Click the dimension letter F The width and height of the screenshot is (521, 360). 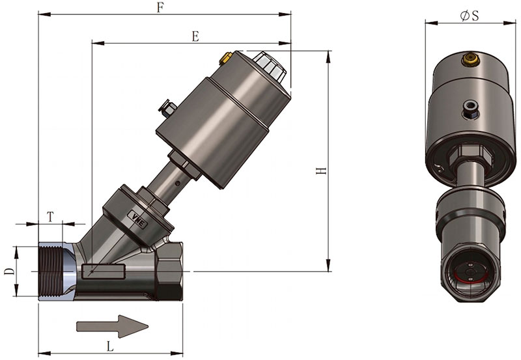pos(160,8)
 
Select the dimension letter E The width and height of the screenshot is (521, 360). pos(196,36)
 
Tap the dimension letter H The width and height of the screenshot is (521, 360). pos(321,171)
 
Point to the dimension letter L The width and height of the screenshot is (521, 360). pos(110,347)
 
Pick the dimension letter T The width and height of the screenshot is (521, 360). pos(50,217)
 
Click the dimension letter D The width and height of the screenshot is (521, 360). pos(10,271)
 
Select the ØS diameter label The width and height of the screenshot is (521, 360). pos(470,16)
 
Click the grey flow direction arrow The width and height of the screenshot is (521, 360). pos(112,326)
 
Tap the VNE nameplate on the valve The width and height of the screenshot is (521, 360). pos(138,219)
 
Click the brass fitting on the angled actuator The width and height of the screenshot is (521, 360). pos(225,59)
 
